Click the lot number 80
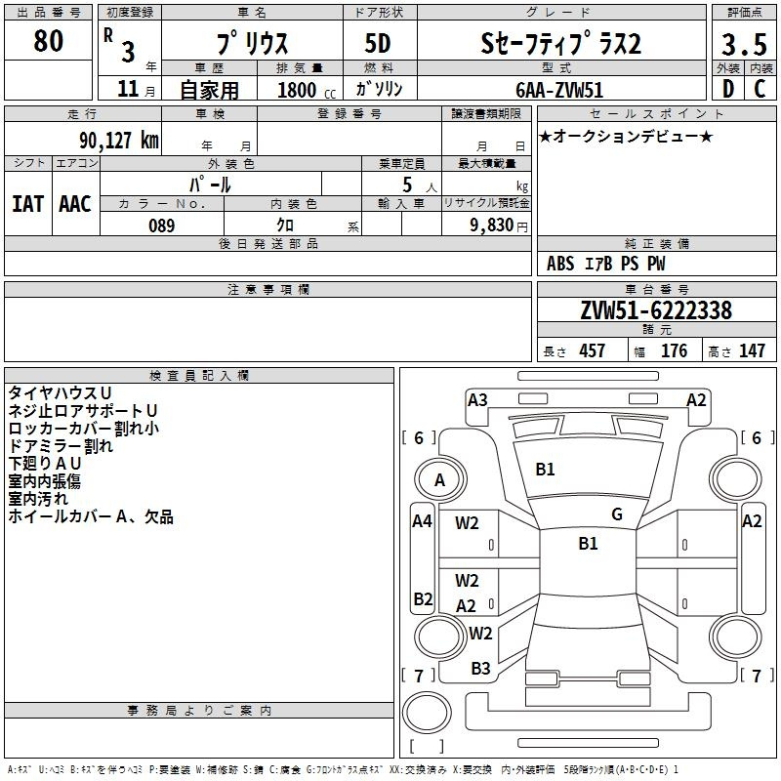pyautogui.click(x=48, y=40)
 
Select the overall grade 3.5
pyautogui.click(x=744, y=44)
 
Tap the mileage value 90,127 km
pyautogui.click(x=118, y=141)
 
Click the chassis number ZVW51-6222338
pyautogui.click(x=656, y=310)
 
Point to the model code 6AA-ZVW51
pyautogui.click(x=558, y=90)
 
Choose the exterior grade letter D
pyautogui.click(x=728, y=89)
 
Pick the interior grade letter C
pyautogui.click(x=760, y=89)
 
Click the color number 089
pyautogui.click(x=161, y=226)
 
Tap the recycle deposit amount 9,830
pyautogui.click(x=492, y=225)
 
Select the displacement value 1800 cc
pyautogui.click(x=307, y=90)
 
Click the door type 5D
pyautogui.click(x=378, y=43)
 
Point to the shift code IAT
pyautogui.click(x=27, y=204)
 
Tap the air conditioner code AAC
pyautogui.click(x=75, y=204)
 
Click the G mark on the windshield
pyautogui.click(x=617, y=514)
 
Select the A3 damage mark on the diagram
pyautogui.click(x=477, y=400)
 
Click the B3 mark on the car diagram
pyautogui.click(x=480, y=669)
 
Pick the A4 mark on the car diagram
pyautogui.click(x=422, y=521)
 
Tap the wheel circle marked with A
pyautogui.click(x=440, y=479)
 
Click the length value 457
pyautogui.click(x=592, y=350)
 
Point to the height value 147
pyautogui.click(x=752, y=350)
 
